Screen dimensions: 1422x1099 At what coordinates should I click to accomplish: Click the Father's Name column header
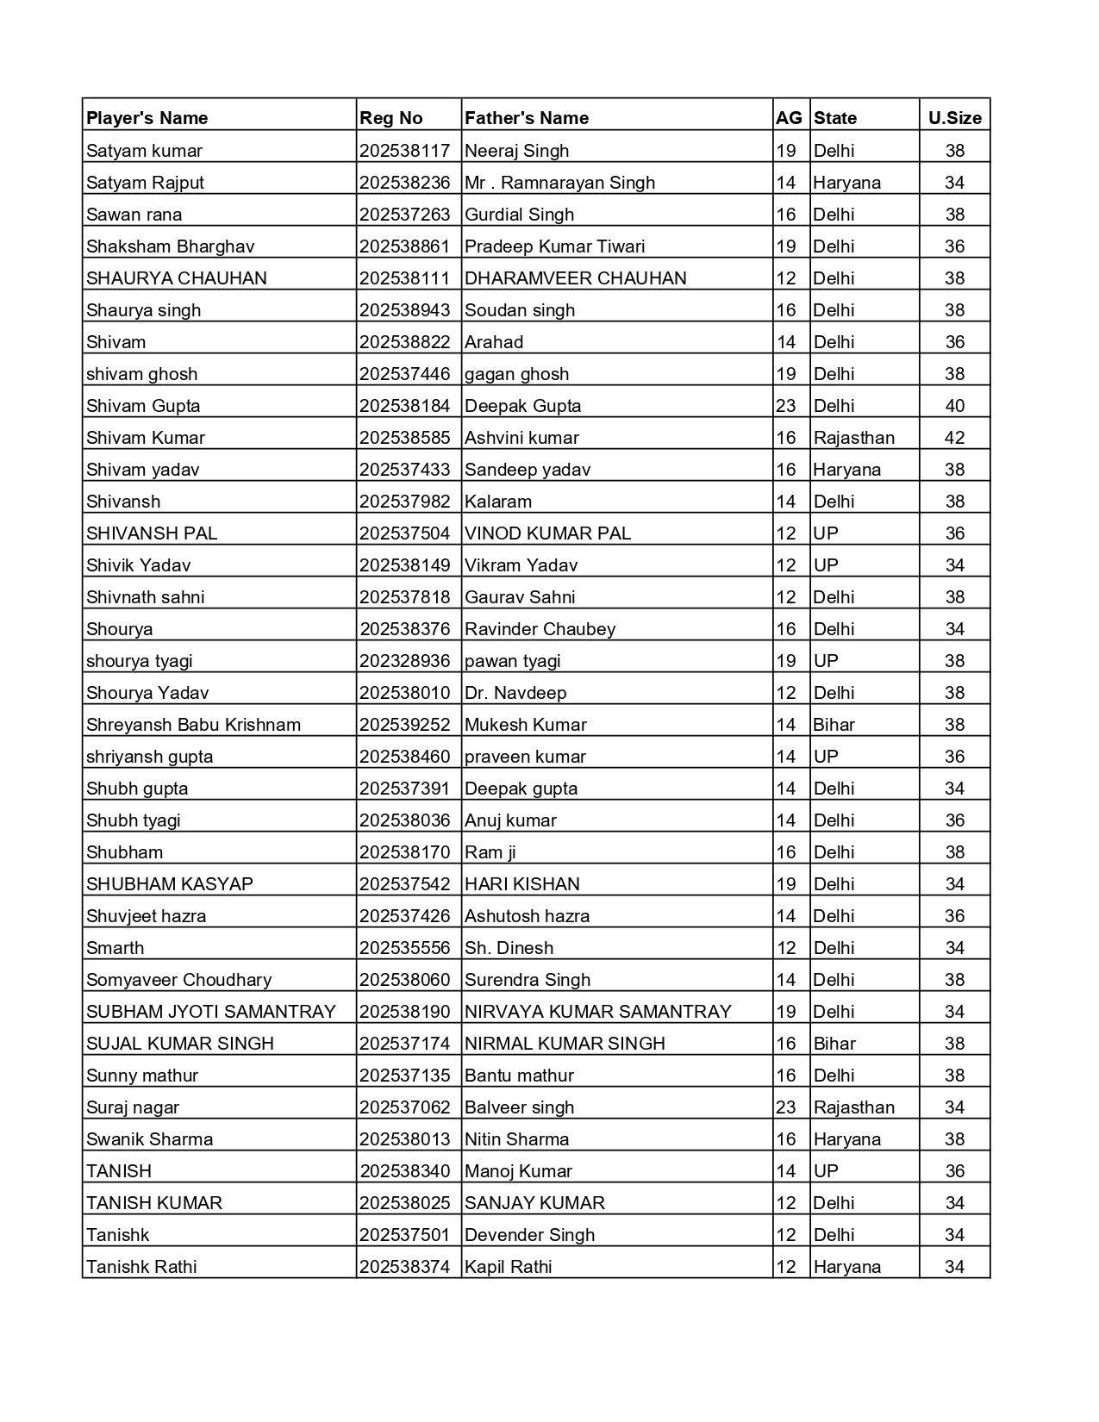point(527,118)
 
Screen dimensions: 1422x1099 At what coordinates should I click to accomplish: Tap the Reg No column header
point(391,118)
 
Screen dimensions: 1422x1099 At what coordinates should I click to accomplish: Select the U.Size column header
point(954,118)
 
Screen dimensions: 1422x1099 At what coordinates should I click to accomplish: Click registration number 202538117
point(405,151)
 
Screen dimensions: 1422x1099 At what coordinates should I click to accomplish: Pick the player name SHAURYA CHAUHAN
point(177,278)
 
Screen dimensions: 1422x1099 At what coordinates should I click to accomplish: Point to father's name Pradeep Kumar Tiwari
point(555,246)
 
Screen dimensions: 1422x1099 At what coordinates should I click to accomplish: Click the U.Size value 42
point(954,438)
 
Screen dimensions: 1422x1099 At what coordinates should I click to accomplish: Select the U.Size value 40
point(954,406)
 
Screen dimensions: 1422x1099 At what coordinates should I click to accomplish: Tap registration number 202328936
point(405,661)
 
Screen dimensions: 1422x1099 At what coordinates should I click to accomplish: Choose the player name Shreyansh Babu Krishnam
point(194,725)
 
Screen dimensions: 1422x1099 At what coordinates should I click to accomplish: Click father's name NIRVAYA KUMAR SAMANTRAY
point(598,1012)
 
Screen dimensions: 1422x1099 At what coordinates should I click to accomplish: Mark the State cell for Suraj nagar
point(854,1107)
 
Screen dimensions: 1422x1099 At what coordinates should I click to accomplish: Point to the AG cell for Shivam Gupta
point(786,406)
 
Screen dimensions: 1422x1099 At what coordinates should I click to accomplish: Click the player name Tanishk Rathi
point(141,1267)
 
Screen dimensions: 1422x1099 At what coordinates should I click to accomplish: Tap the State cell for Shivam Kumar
point(854,438)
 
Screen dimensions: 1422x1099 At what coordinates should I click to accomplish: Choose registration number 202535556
point(405,948)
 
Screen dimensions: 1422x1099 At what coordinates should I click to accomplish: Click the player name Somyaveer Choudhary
point(178,980)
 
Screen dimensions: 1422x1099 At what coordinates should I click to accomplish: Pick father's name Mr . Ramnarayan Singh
point(560,183)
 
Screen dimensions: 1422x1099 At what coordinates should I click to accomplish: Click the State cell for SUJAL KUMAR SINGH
point(834,1044)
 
